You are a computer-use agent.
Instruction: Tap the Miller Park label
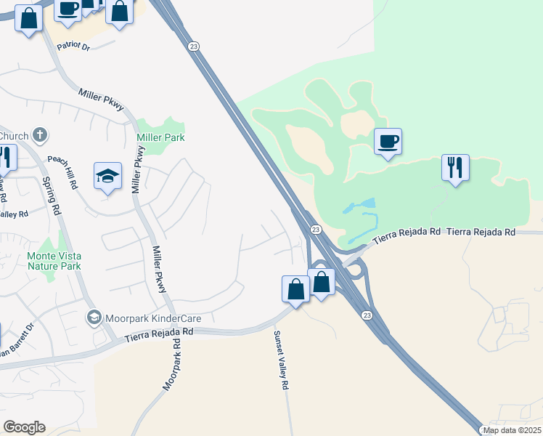160,137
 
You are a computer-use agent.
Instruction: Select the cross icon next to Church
40,134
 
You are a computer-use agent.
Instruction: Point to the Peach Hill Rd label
62,170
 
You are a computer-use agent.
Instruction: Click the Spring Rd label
50,197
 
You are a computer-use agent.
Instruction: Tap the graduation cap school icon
107,176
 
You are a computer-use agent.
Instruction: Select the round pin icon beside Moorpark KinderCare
94,318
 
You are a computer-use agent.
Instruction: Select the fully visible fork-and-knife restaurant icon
455,168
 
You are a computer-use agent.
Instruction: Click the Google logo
24,427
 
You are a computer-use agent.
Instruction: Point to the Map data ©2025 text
512,430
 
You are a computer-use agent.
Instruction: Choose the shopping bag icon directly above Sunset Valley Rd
295,288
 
